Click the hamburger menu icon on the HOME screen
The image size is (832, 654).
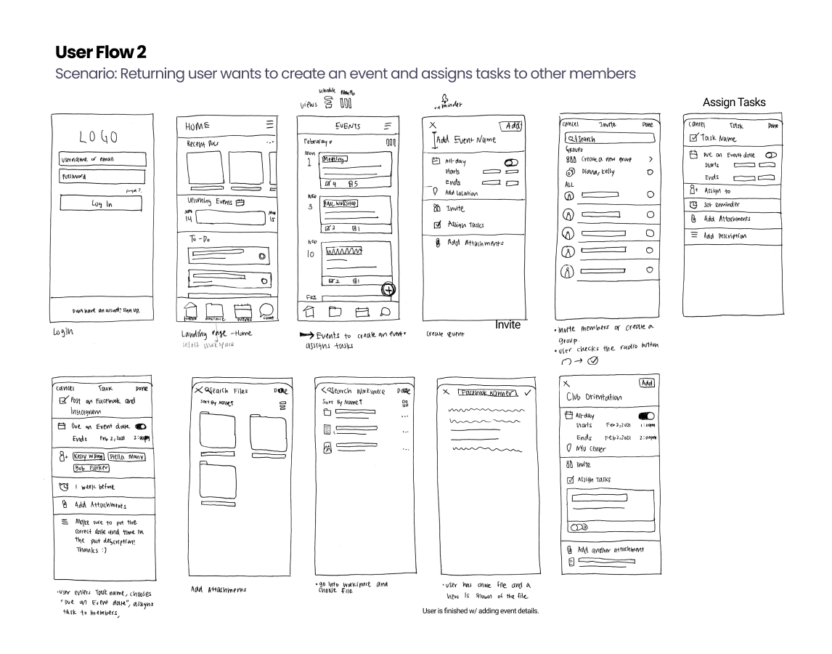point(270,125)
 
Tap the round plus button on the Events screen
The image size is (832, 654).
point(388,289)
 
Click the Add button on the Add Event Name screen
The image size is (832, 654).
point(512,126)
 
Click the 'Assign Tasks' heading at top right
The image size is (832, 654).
point(734,102)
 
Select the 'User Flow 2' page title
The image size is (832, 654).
point(103,52)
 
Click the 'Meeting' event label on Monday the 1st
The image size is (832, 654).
point(335,158)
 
